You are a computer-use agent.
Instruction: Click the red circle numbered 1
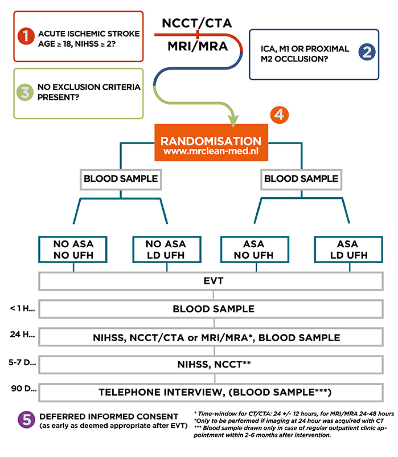click(26, 36)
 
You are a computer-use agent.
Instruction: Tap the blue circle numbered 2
click(367, 52)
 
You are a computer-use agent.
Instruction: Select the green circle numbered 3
click(25, 92)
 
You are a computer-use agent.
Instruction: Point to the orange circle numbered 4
click(279, 115)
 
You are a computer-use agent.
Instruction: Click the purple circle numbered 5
click(27, 419)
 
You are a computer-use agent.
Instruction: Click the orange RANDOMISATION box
click(211, 142)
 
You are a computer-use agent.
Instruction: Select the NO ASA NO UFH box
click(73, 249)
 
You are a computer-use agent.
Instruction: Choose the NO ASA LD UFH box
click(167, 249)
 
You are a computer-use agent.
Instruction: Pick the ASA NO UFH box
click(255, 249)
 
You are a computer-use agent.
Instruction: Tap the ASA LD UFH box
click(348, 249)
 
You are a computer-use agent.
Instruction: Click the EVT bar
click(211, 281)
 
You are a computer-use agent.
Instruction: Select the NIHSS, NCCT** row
click(211, 365)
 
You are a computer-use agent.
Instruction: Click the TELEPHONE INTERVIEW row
click(211, 393)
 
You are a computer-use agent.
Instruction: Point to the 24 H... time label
click(22, 334)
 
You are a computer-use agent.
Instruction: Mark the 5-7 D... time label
click(22, 362)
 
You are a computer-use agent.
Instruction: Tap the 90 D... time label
click(24, 388)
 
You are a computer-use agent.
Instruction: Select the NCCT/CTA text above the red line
click(197, 23)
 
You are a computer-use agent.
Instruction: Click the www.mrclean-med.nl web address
click(211, 151)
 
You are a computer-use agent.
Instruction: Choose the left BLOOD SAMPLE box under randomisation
click(121, 180)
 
